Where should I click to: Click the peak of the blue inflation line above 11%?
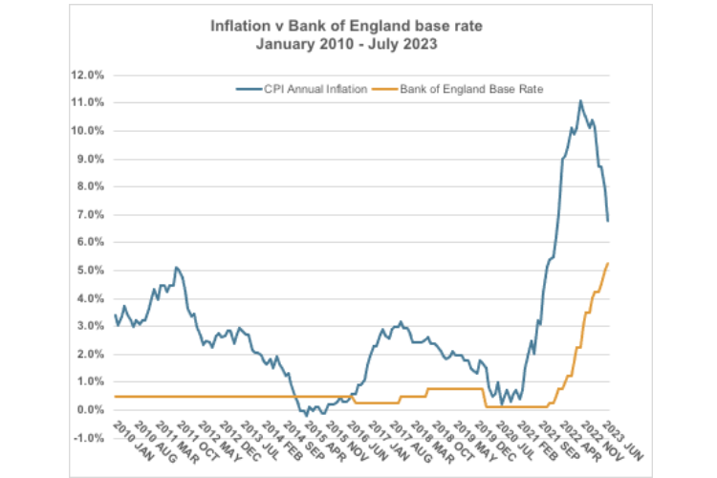[580, 100]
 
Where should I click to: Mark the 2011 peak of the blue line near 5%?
[177, 268]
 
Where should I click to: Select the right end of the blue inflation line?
[609, 221]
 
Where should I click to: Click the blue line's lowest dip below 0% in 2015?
[307, 415]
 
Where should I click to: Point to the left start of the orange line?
[116, 396]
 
